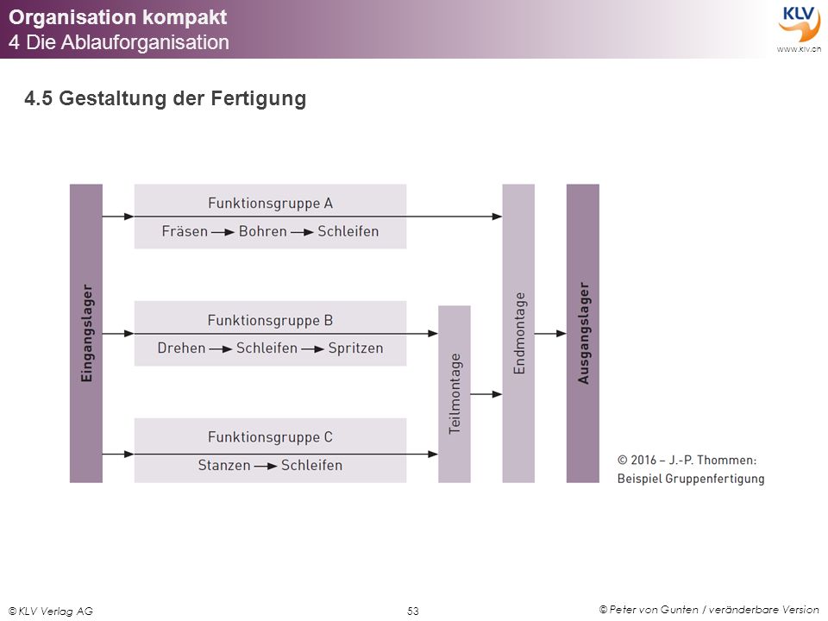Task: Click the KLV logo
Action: click(799, 27)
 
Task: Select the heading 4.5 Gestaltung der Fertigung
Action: click(166, 98)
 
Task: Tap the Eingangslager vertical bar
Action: click(86, 333)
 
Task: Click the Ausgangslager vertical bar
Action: click(583, 333)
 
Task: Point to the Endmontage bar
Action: click(518, 333)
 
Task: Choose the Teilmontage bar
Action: click(455, 394)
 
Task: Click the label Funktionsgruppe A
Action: click(270, 204)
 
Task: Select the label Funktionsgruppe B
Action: click(270, 321)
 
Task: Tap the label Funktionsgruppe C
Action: click(270, 437)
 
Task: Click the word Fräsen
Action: click(185, 231)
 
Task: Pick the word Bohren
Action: click(263, 231)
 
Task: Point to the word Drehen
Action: click(181, 348)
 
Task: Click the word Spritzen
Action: click(356, 348)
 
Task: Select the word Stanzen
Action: click(224, 465)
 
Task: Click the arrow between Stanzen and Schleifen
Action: click(267, 466)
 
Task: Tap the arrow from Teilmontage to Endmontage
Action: click(486, 394)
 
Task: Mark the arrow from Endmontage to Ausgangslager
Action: click(551, 333)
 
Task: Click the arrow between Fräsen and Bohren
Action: click(223, 232)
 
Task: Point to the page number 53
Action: click(413, 611)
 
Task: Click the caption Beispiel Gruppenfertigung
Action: click(691, 479)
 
